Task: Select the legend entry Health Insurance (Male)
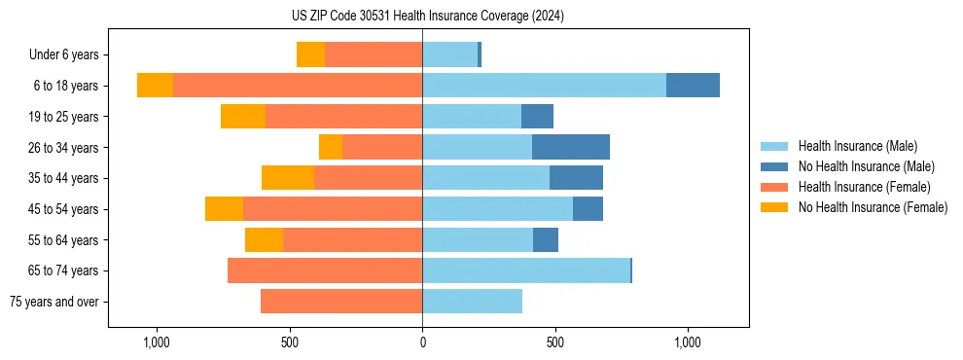pos(857,146)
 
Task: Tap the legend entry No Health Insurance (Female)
pos(873,207)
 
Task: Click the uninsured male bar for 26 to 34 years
pos(571,147)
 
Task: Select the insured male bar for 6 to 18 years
pos(544,86)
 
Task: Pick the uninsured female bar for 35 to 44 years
pos(288,178)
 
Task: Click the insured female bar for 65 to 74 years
pos(325,270)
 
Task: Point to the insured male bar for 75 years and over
pos(472,302)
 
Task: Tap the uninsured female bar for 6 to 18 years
pos(155,86)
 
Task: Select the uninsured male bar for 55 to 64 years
pos(546,239)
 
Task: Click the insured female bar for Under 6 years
pos(374,54)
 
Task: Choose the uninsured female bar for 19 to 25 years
pos(243,117)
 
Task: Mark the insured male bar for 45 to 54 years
pos(497,209)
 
